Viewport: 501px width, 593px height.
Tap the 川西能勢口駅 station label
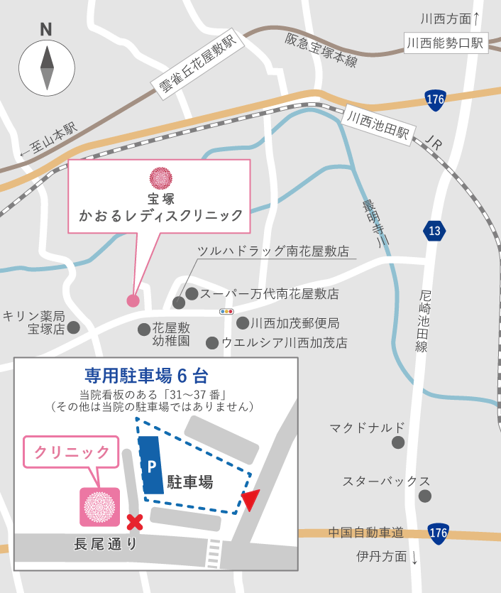point(445,43)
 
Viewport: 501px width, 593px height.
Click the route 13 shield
point(435,231)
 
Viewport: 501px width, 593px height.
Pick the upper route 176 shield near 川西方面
point(436,100)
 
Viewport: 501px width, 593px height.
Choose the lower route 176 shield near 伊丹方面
point(438,533)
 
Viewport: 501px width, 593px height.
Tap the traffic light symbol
point(227,311)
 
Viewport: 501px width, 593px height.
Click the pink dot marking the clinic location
point(133,300)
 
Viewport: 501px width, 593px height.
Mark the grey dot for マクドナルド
point(398,442)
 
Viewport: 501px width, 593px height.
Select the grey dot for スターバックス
point(424,496)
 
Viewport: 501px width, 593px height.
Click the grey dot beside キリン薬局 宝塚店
point(73,327)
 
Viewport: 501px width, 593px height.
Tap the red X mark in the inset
point(134,523)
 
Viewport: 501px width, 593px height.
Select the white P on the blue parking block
point(151,467)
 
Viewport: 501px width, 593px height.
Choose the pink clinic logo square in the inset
point(99,506)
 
